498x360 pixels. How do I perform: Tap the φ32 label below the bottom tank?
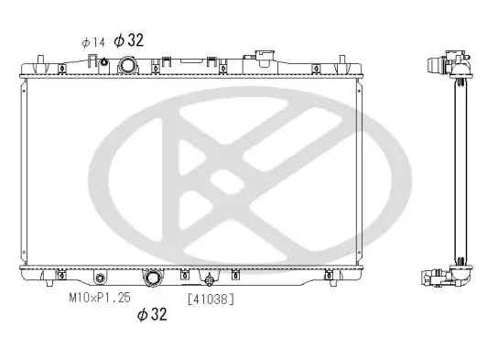(x=151, y=314)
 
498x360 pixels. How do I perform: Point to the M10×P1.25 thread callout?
(x=100, y=298)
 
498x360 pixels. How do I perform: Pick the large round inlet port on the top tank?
(x=128, y=66)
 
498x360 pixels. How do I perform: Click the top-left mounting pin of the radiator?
(x=40, y=62)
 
